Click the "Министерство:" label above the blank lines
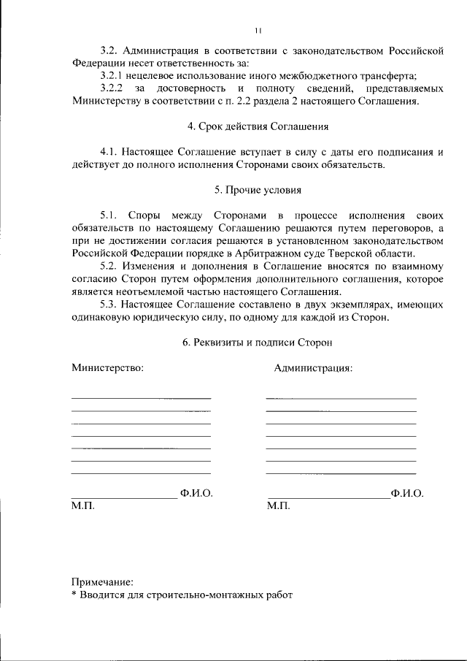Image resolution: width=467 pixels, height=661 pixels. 107,368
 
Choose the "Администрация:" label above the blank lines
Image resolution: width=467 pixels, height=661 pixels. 313,368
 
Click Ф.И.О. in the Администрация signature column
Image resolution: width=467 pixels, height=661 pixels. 407,493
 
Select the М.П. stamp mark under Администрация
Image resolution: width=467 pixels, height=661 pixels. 279,505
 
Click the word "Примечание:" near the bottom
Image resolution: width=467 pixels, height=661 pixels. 102,582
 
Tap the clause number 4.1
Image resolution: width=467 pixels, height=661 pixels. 109,152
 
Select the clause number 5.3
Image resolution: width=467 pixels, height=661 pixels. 109,305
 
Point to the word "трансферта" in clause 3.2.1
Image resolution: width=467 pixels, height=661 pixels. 391,76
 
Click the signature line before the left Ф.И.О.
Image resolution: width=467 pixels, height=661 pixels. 123,498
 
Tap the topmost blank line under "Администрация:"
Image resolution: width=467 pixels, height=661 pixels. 341,398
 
